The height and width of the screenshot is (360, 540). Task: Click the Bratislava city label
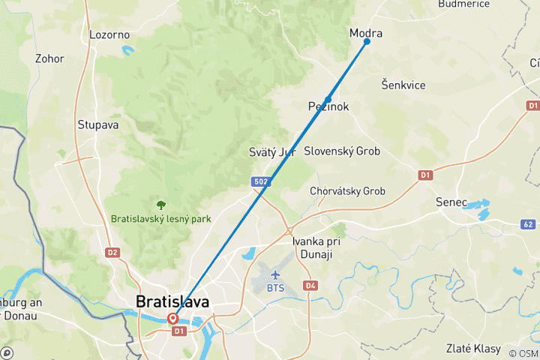click(173, 301)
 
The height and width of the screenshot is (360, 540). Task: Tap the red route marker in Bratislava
click(173, 318)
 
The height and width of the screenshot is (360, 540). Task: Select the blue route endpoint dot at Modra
click(367, 41)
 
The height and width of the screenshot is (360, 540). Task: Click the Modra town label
click(366, 33)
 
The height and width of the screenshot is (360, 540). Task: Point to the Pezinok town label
click(328, 106)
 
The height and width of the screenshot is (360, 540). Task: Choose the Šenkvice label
click(403, 85)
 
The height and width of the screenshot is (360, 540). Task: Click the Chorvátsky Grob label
click(347, 191)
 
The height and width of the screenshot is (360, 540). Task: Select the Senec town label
click(451, 202)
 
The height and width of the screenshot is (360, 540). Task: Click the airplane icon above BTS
click(274, 274)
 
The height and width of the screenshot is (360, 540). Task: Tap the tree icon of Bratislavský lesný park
click(160, 204)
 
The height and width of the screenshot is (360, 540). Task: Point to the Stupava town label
click(98, 124)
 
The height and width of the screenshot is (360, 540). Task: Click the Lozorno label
click(109, 34)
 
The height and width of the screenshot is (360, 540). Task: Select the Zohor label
click(49, 58)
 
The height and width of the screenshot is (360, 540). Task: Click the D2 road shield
click(112, 252)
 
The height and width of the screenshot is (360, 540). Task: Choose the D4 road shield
click(310, 285)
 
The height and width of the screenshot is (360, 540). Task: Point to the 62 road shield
click(528, 223)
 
